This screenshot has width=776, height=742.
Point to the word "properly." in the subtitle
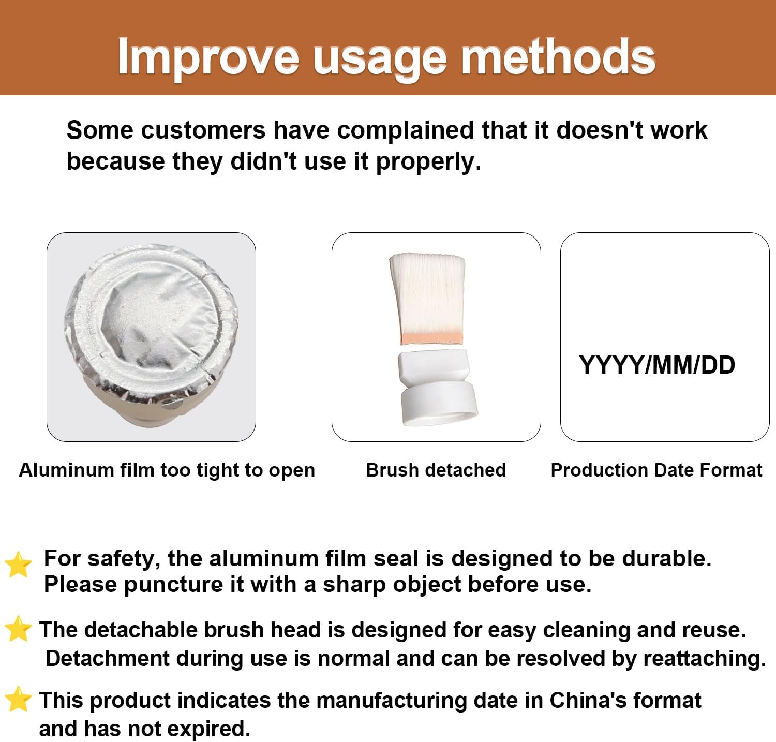click(428, 162)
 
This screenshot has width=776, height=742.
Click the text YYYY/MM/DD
click(657, 365)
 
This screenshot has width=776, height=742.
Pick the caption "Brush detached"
click(436, 470)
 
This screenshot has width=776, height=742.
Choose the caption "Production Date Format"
click(656, 470)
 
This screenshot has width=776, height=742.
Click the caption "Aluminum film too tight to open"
click(167, 470)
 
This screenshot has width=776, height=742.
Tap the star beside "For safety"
click(18, 564)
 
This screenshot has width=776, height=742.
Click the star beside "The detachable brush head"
click(18, 629)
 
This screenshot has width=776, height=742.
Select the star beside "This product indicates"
click(18, 699)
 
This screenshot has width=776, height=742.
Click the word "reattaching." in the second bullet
click(705, 659)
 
